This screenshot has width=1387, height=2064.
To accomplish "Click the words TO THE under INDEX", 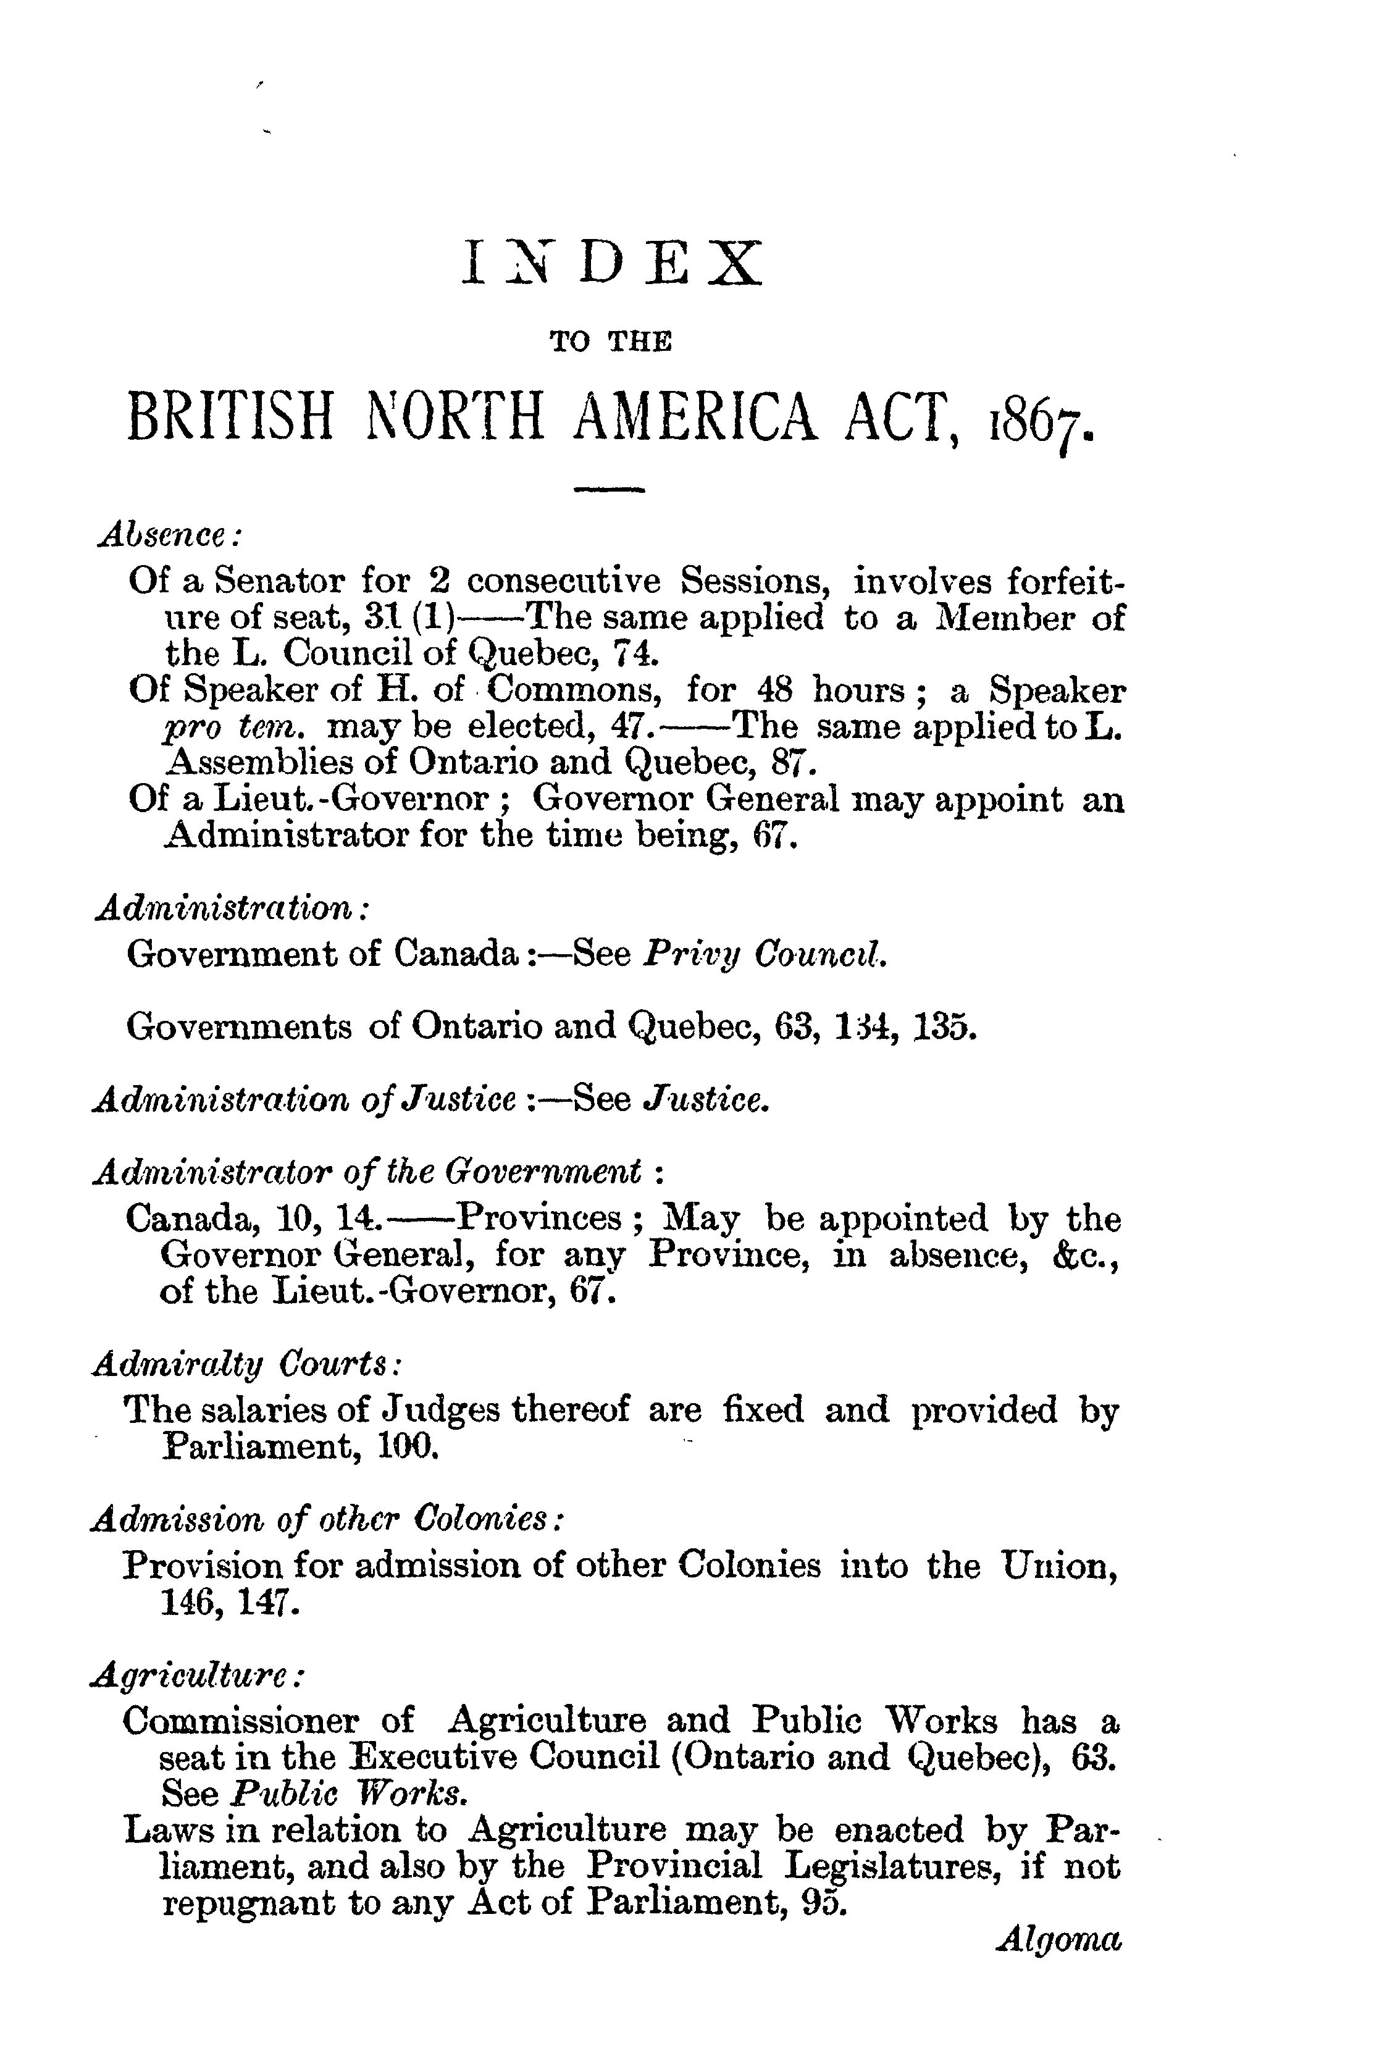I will coord(610,342).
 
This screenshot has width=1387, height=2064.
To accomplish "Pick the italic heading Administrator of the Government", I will coord(367,1172).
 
